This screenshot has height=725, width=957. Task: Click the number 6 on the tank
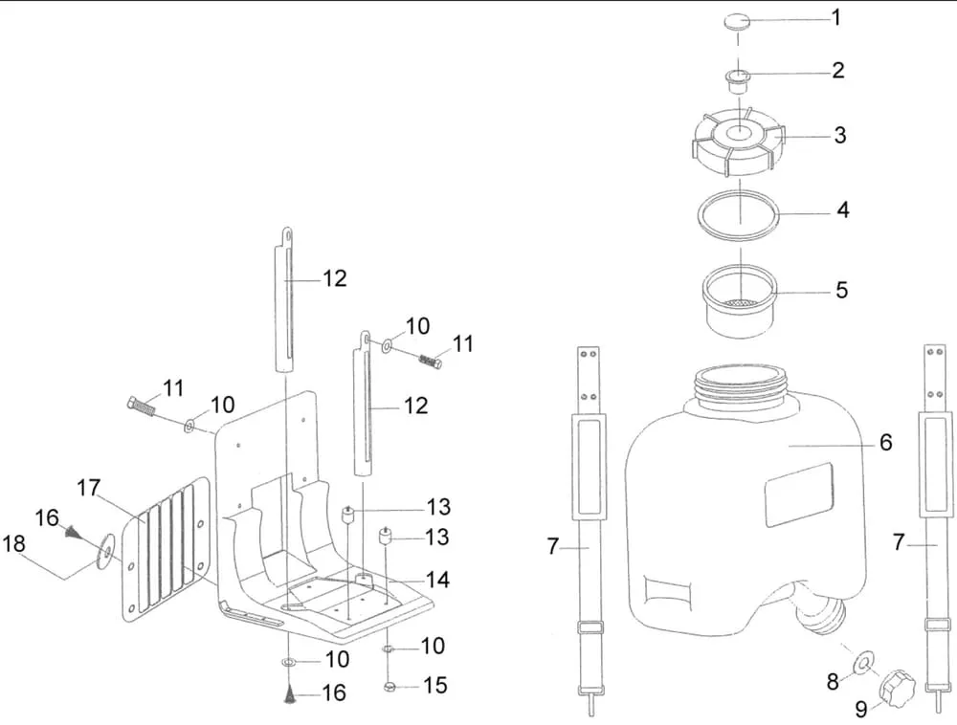(885, 442)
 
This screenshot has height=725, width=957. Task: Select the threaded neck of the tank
(742, 388)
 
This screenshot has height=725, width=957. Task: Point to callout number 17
(89, 489)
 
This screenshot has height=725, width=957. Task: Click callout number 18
(14, 543)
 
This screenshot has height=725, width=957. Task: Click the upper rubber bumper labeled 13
(350, 516)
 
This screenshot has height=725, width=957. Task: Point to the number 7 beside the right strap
(899, 543)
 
